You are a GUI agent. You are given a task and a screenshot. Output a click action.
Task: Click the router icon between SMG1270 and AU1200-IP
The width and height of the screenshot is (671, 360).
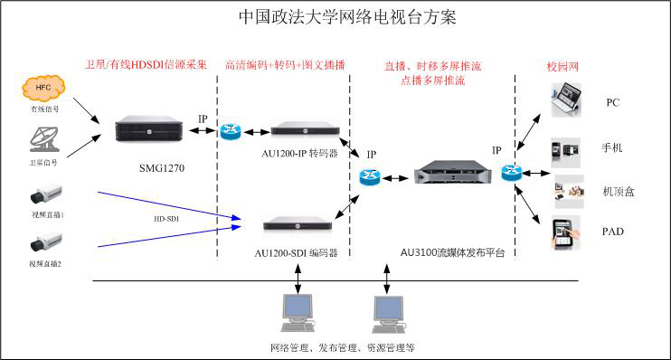click(230, 130)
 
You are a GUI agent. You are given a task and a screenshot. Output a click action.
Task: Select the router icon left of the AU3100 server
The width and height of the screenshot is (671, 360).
click(369, 176)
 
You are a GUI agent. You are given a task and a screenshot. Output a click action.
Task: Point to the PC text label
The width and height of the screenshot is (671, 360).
click(612, 102)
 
